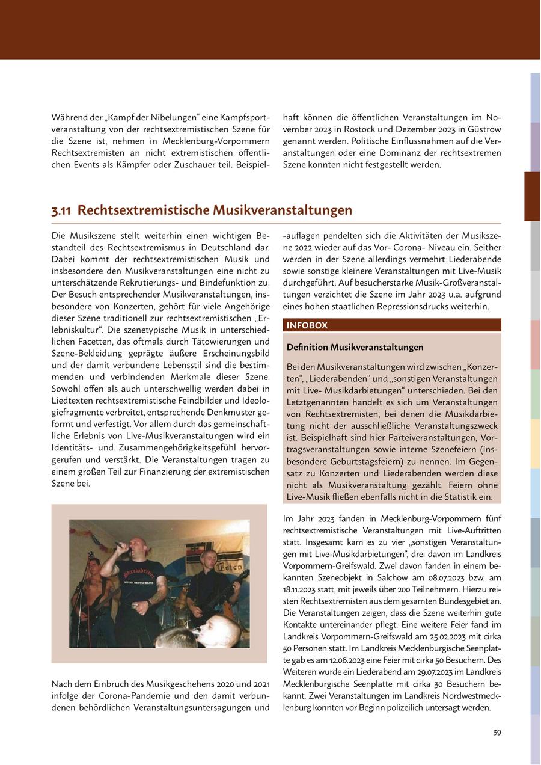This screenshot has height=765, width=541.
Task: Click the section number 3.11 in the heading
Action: coord(62,210)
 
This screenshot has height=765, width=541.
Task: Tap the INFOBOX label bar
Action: coord(391,325)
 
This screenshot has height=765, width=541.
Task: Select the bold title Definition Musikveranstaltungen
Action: coord(355,348)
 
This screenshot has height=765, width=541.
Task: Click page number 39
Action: coord(497,733)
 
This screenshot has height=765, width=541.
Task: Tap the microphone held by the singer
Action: coord(123,547)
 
